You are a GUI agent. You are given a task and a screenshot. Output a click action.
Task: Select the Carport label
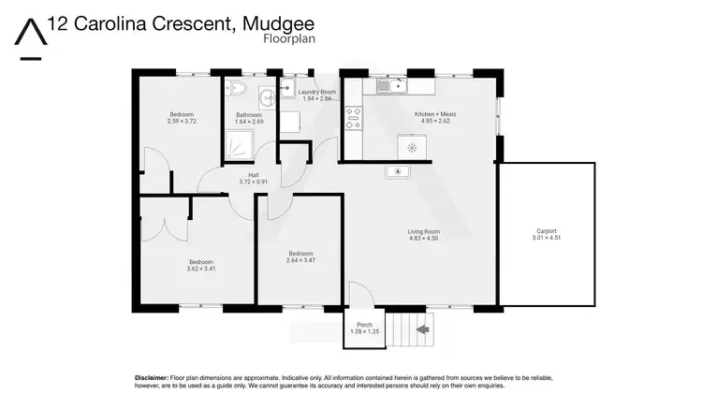point(547,231)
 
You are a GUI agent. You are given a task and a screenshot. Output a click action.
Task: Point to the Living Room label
point(424,231)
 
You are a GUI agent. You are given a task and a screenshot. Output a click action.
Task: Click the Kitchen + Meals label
point(435,114)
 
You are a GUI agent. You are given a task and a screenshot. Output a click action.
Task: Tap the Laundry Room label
point(316,92)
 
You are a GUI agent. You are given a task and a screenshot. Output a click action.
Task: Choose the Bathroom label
point(250,115)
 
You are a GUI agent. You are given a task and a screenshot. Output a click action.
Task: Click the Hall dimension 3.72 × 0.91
point(253,182)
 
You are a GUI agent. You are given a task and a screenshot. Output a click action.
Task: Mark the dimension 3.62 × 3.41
point(201,269)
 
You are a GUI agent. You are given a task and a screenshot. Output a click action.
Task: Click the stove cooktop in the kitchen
point(354,119)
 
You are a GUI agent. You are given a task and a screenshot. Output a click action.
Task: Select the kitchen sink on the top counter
point(390,87)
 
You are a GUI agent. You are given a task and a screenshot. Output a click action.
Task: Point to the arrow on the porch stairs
point(422,329)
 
